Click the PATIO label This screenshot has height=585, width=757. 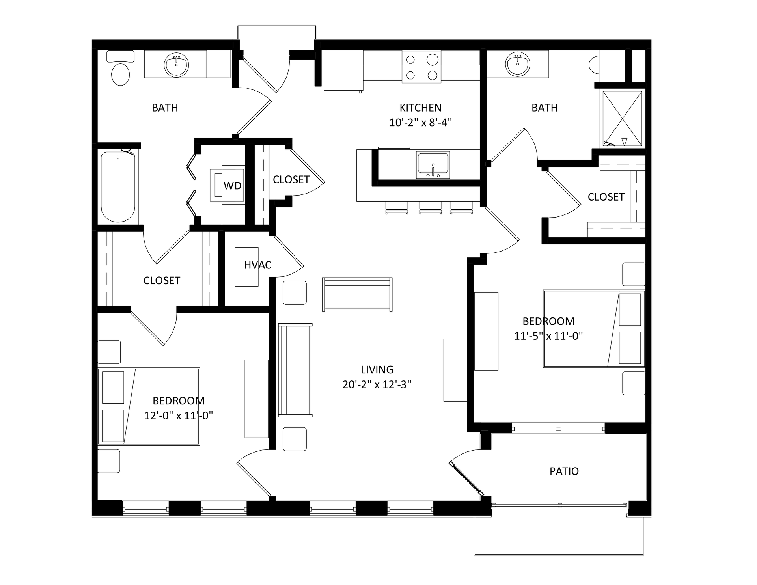pos(564,471)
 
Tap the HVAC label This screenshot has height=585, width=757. pos(257,265)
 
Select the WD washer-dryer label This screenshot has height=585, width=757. pos(232,186)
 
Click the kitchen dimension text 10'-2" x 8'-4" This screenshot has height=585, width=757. pos(420,122)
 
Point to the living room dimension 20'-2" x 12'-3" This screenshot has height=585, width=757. pos(377,384)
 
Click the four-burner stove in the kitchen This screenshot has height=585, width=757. pos(421,67)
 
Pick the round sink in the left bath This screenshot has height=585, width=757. pos(177,65)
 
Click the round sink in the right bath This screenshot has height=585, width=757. pos(518,64)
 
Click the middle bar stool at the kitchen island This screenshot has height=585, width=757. pos(431,208)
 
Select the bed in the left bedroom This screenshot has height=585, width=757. pos(149,407)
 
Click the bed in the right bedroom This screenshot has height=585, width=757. pos(594,329)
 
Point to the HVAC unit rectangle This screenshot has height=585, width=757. pos(247,266)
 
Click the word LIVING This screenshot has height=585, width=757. pos(377,370)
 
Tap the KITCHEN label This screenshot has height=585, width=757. pos(420,108)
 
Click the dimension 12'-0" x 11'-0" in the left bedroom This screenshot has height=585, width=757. pos(179,415)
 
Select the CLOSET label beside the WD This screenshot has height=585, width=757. pos(291,180)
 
